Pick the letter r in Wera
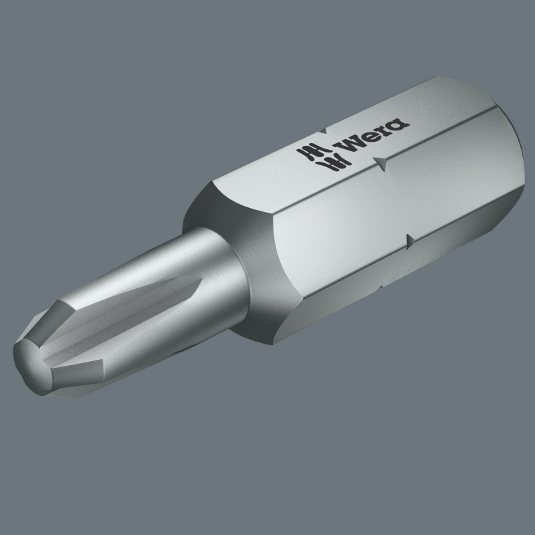tap(384, 129)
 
